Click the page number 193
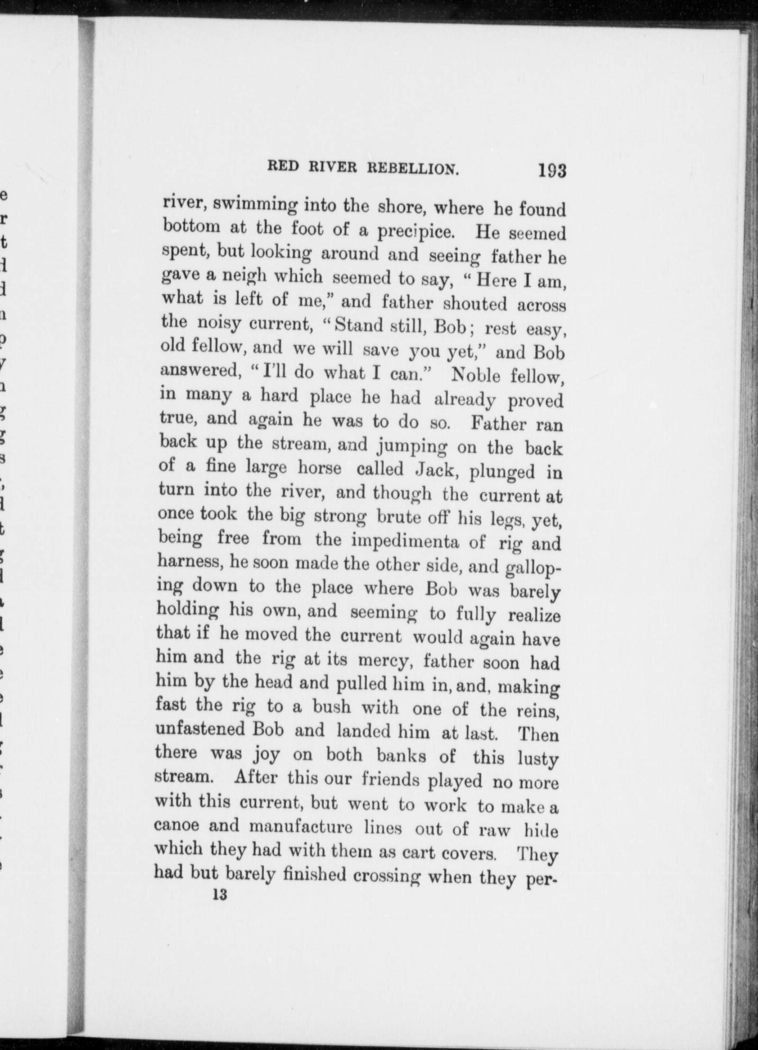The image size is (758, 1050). tap(552, 171)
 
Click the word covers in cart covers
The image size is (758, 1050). tap(466, 852)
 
